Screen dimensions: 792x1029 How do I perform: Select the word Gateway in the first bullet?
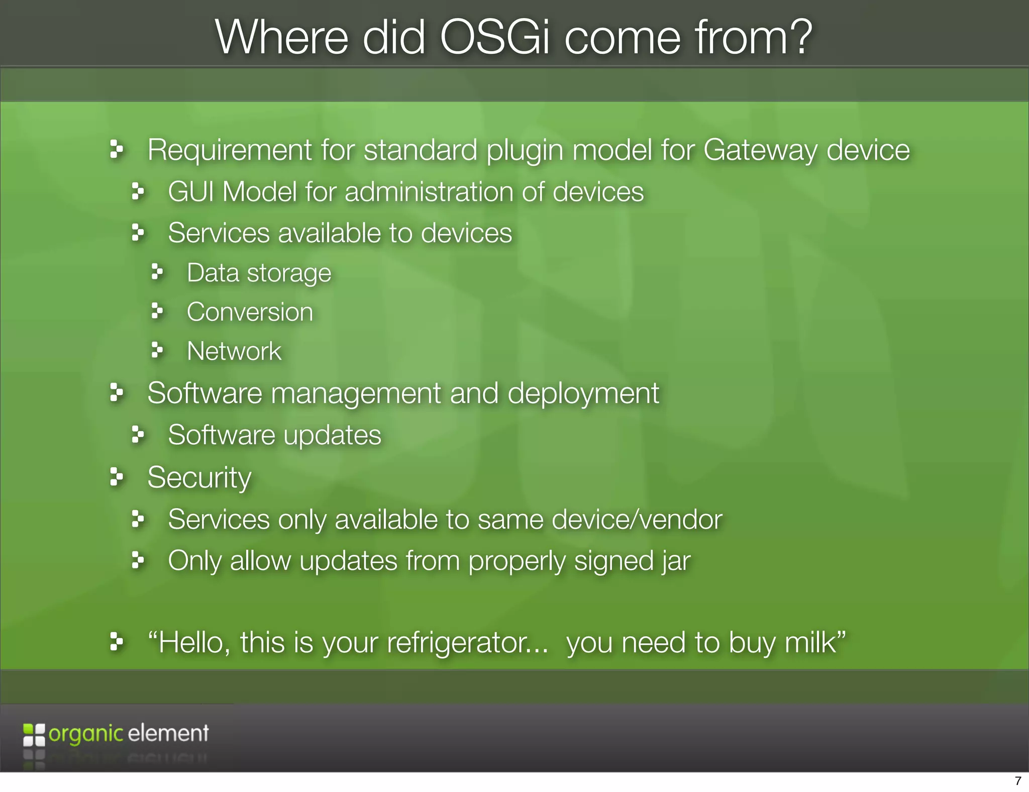tap(760, 150)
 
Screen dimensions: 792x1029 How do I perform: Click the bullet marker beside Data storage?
tap(157, 272)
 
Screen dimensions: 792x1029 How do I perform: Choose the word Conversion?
tap(250, 312)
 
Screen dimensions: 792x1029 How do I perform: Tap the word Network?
tap(234, 351)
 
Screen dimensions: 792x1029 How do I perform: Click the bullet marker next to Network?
tap(157, 350)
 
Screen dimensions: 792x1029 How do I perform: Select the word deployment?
tap(583, 393)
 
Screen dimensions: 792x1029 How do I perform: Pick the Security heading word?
tap(199, 477)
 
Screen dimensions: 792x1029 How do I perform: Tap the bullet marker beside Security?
tap(116, 476)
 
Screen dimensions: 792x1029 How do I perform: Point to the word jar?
tap(676, 561)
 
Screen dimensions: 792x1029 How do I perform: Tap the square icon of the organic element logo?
tap(34, 735)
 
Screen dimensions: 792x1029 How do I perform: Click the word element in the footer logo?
tap(168, 733)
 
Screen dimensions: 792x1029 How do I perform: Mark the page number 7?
tap(1018, 781)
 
